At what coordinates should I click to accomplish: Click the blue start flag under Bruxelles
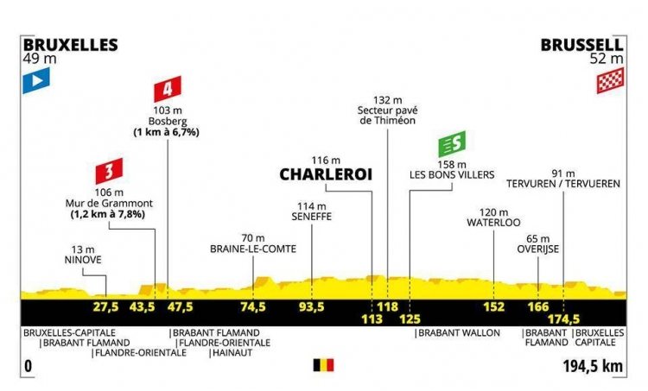(36, 80)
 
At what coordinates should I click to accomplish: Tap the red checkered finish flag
(610, 80)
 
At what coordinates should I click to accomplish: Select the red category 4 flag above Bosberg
(168, 89)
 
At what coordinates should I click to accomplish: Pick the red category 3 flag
(109, 171)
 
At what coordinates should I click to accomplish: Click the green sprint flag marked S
(452, 144)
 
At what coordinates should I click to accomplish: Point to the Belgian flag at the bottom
(324, 365)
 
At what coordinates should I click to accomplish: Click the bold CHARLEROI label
(326, 174)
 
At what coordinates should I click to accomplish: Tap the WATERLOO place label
(494, 223)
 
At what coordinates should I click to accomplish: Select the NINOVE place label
(83, 260)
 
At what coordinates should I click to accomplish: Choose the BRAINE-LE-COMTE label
(253, 249)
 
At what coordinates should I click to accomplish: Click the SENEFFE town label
(312, 217)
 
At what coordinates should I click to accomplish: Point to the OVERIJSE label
(538, 249)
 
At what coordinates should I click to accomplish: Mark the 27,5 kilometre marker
(106, 307)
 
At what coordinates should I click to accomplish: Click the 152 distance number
(494, 307)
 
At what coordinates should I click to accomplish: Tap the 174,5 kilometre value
(563, 319)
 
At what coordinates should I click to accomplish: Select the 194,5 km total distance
(593, 366)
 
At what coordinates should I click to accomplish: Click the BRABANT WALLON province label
(459, 333)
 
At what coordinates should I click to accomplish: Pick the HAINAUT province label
(232, 353)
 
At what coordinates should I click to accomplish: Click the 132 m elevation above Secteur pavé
(388, 100)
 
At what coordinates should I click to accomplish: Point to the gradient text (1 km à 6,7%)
(166, 132)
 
